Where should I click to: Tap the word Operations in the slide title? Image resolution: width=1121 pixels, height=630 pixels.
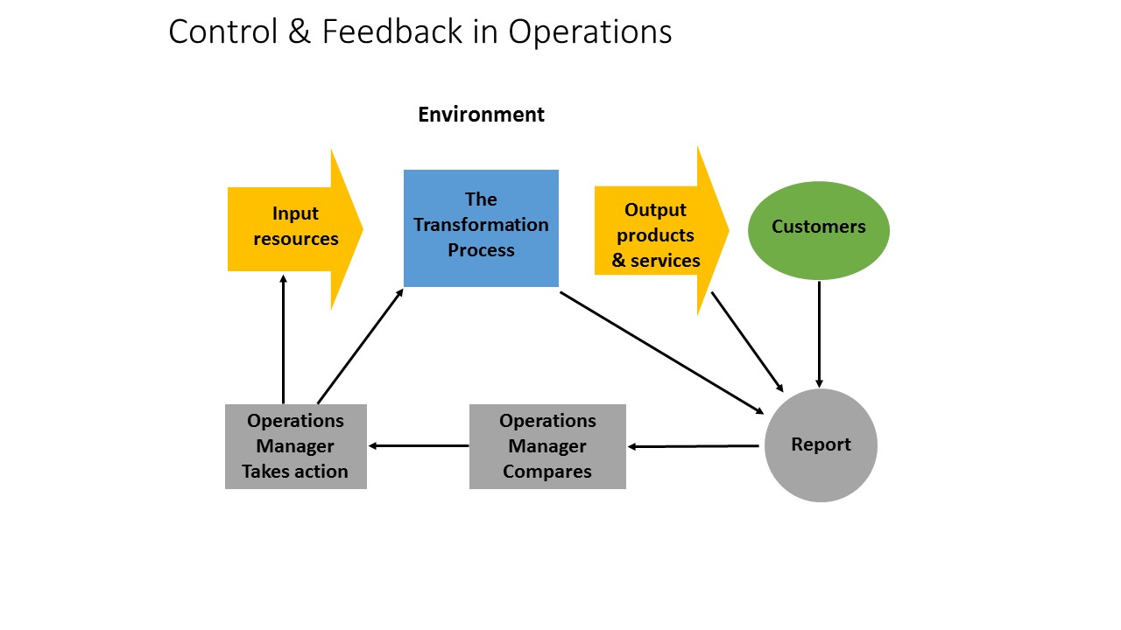point(590,33)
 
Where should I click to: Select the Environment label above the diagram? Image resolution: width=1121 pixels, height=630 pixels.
point(481,115)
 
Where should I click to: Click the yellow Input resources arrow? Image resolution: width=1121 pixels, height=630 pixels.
point(294,227)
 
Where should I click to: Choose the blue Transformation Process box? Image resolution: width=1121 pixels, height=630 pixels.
point(481,227)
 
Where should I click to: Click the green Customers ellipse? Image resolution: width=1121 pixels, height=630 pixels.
point(818,230)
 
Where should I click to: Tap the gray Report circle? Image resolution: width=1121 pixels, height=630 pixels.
point(821,445)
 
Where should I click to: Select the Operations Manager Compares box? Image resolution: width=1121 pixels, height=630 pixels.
point(547,446)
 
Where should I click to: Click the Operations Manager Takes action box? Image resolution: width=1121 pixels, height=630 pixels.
point(295,446)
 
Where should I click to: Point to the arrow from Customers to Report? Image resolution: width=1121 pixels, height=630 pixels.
point(819,332)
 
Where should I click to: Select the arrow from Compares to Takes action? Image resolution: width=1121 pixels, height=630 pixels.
point(418,445)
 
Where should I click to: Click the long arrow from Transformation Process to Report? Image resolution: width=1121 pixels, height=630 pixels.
point(661,351)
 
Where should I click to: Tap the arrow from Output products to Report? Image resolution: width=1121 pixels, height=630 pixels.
point(746,340)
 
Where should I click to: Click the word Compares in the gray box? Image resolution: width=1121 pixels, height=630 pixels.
point(547,472)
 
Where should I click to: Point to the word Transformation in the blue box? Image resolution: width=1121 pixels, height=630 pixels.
point(481,225)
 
